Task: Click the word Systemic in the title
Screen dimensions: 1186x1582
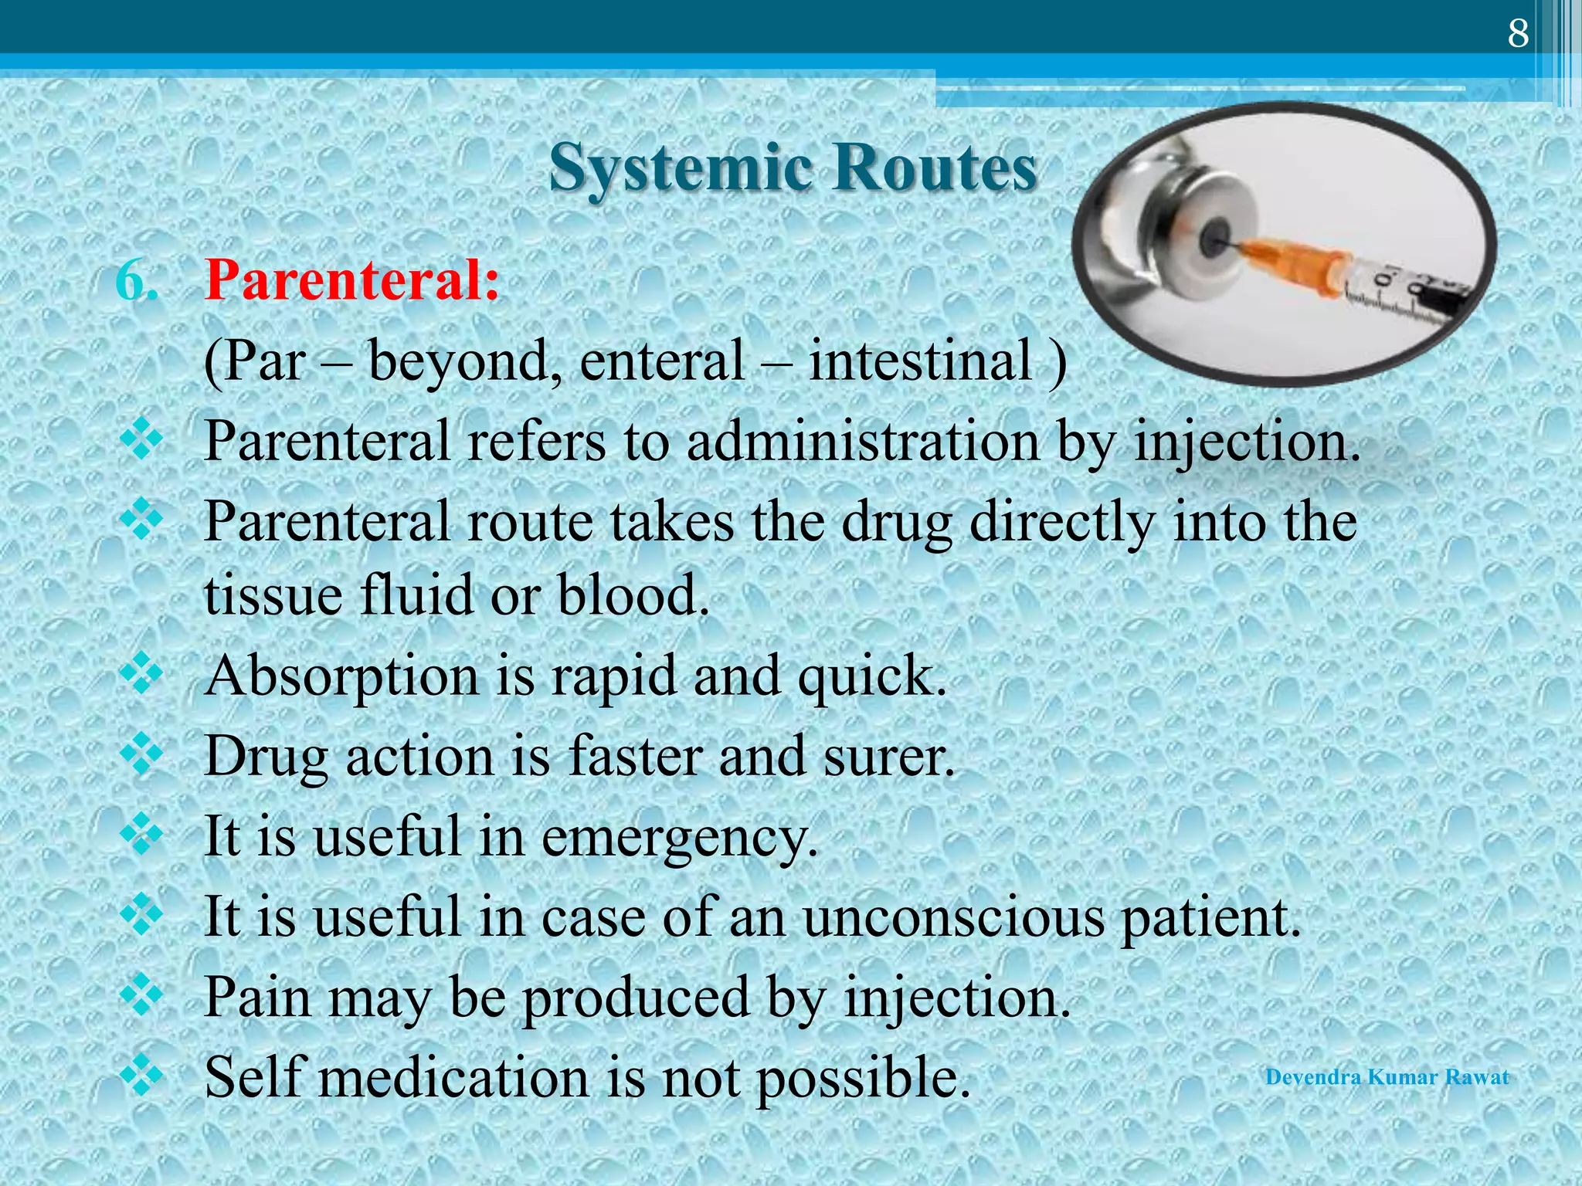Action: coord(680,168)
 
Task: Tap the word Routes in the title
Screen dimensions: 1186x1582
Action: coord(935,168)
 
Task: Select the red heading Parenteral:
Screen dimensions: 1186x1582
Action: coord(352,280)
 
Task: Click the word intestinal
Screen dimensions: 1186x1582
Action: coord(920,361)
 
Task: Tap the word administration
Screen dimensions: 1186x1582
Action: coord(863,443)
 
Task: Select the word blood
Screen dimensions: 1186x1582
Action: coord(633,596)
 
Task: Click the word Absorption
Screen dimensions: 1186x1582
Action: coord(341,676)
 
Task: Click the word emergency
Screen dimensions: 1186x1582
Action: coord(679,839)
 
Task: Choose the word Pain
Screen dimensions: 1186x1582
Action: coord(259,998)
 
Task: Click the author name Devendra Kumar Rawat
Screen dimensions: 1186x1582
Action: coord(1387,1077)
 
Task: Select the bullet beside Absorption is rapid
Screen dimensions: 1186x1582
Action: coord(142,673)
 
